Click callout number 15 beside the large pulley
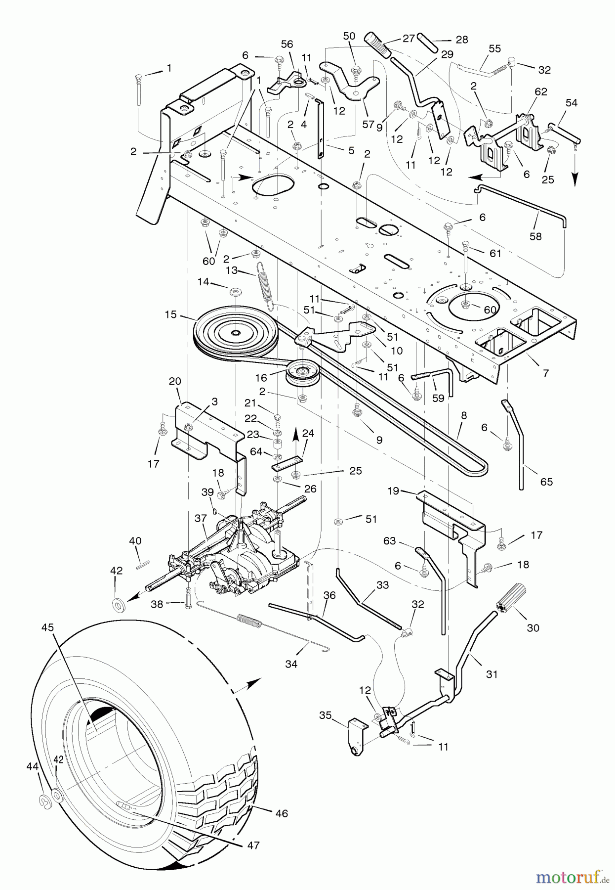(171, 314)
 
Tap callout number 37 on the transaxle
(200, 518)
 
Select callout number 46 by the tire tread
(282, 813)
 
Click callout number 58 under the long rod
(535, 236)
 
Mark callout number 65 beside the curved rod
(546, 482)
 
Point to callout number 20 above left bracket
(175, 381)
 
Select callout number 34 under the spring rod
(291, 664)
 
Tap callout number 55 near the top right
(494, 48)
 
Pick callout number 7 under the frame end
(545, 373)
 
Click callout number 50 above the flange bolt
(349, 36)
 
